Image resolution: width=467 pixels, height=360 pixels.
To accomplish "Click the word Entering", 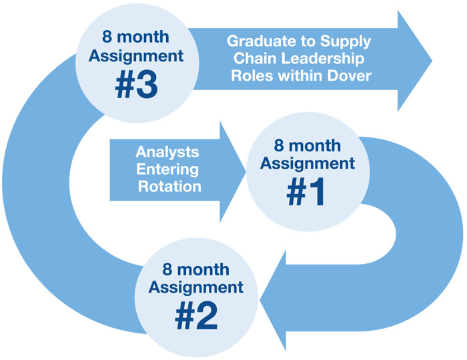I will pos(169,169).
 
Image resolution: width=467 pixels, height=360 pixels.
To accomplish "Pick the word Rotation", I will pos(169,186).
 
